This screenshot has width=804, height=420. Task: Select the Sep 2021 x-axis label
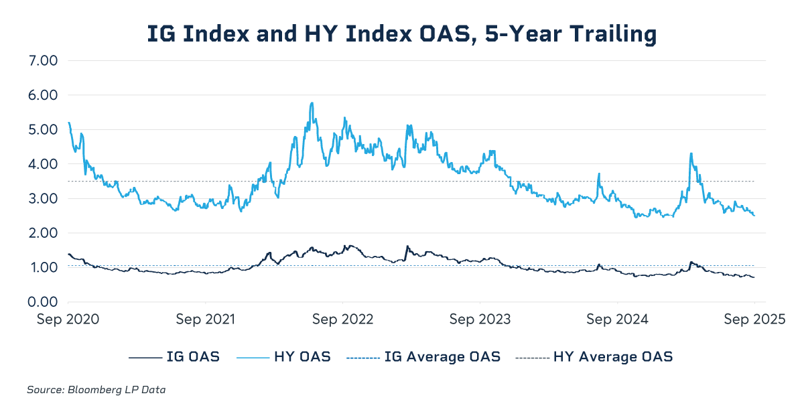click(206, 320)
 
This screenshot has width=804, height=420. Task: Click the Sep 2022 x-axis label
click(342, 320)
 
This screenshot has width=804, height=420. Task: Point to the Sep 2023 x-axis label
click(480, 320)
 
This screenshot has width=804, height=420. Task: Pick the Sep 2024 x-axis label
click(617, 320)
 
